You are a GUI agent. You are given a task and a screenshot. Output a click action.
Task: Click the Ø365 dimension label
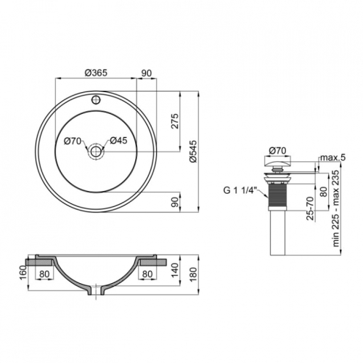[96, 73]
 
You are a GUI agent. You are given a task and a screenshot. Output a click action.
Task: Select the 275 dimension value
[175, 121]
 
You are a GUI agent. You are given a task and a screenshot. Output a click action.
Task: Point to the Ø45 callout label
[118, 141]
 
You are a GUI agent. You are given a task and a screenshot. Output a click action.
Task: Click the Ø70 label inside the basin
[73, 141]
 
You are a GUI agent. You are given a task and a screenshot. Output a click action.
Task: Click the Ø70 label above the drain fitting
[277, 150]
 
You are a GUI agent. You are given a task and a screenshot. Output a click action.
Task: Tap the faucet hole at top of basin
[96, 99]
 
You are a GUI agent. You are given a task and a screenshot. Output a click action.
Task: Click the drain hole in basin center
[96, 152]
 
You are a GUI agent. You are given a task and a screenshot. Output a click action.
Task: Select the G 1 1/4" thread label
[239, 191]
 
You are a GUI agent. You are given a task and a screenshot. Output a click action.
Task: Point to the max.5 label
[333, 158]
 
